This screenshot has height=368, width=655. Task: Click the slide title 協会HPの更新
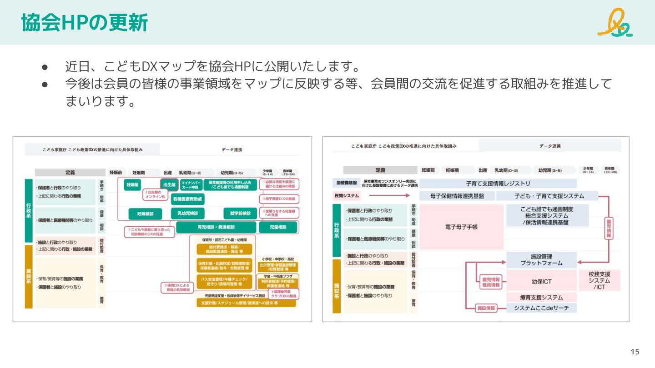[x=85, y=23]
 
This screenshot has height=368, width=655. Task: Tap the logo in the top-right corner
[x=615, y=23]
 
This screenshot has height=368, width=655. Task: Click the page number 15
[x=635, y=352]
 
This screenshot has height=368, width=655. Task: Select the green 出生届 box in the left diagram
[x=169, y=184]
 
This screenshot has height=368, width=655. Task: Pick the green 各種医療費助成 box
[x=187, y=199]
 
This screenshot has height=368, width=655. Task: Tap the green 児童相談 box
[x=277, y=227]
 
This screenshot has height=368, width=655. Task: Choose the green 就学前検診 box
[x=237, y=213]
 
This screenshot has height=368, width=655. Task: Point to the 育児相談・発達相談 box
[x=216, y=227]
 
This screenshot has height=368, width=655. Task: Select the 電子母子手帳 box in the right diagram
[x=461, y=226]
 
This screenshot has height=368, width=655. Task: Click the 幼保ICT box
[x=541, y=281]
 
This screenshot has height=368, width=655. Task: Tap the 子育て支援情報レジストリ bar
[x=498, y=184]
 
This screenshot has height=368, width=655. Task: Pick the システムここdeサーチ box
[x=541, y=308]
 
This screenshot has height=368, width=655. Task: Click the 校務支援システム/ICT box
[x=600, y=280]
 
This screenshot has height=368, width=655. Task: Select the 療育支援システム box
[x=541, y=297]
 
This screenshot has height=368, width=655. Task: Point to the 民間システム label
[x=347, y=196]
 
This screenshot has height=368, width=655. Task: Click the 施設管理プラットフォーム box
[x=541, y=259]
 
